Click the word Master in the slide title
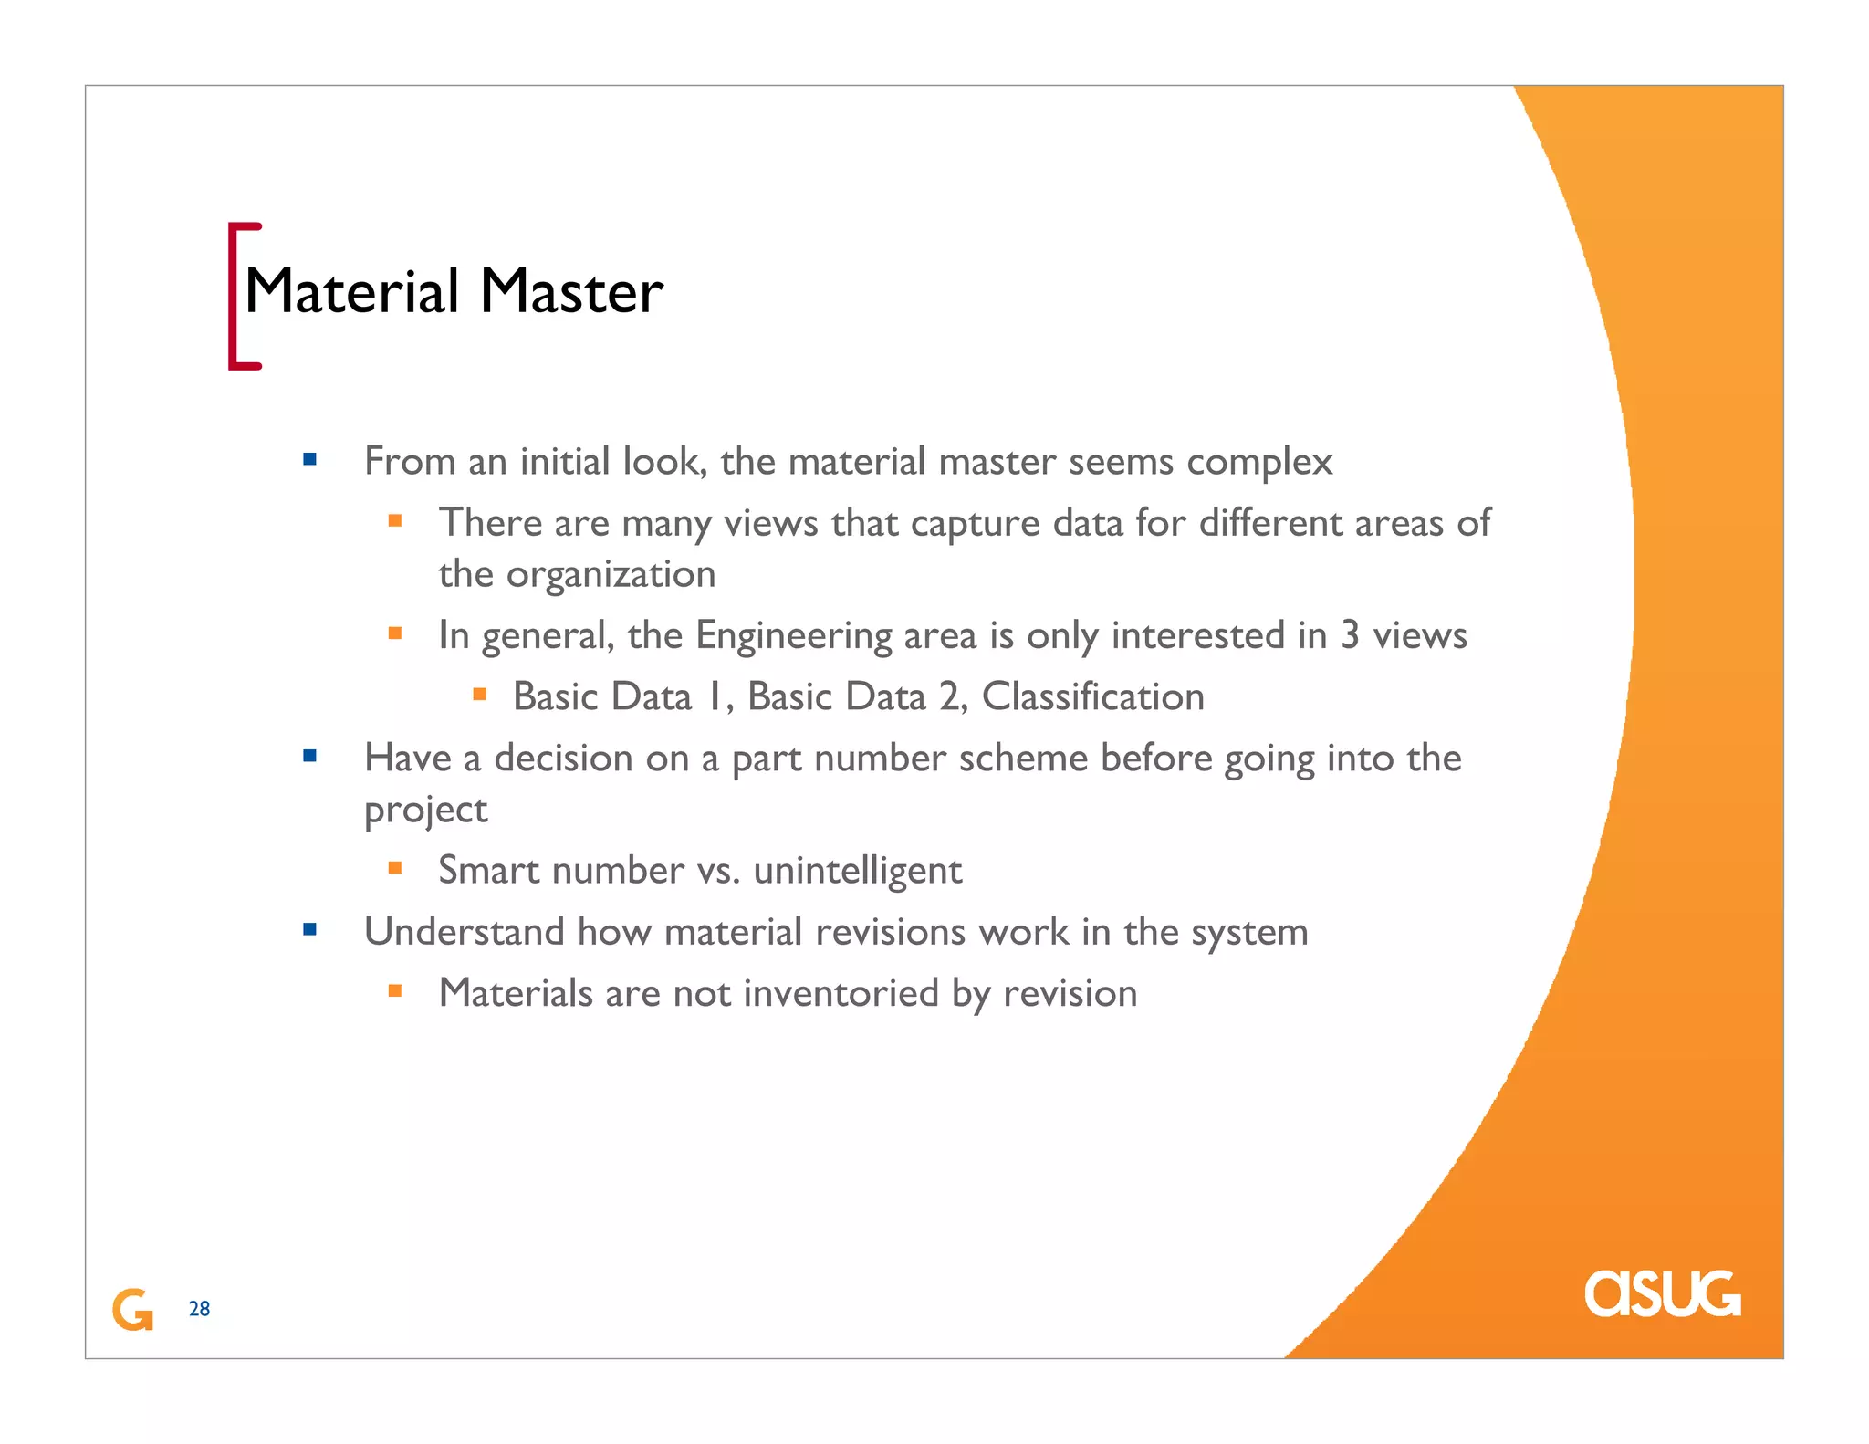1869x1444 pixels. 571,292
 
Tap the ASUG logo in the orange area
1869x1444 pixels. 1662,1293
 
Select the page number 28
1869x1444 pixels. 199,1309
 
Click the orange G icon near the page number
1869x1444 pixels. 132,1310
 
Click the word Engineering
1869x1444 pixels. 793,636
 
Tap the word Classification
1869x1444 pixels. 1092,697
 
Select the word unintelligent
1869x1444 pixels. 857,871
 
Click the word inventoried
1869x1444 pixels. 841,994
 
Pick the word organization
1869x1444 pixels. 611,575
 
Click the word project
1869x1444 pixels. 425,811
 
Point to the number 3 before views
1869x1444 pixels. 1350,636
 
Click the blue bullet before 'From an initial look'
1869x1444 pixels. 310,460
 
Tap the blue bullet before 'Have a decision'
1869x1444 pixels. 310,756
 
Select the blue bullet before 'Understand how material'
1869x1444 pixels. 310,930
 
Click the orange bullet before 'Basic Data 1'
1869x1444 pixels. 480,695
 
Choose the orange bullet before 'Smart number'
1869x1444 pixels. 395,868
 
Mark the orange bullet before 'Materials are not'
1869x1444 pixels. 395,991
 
